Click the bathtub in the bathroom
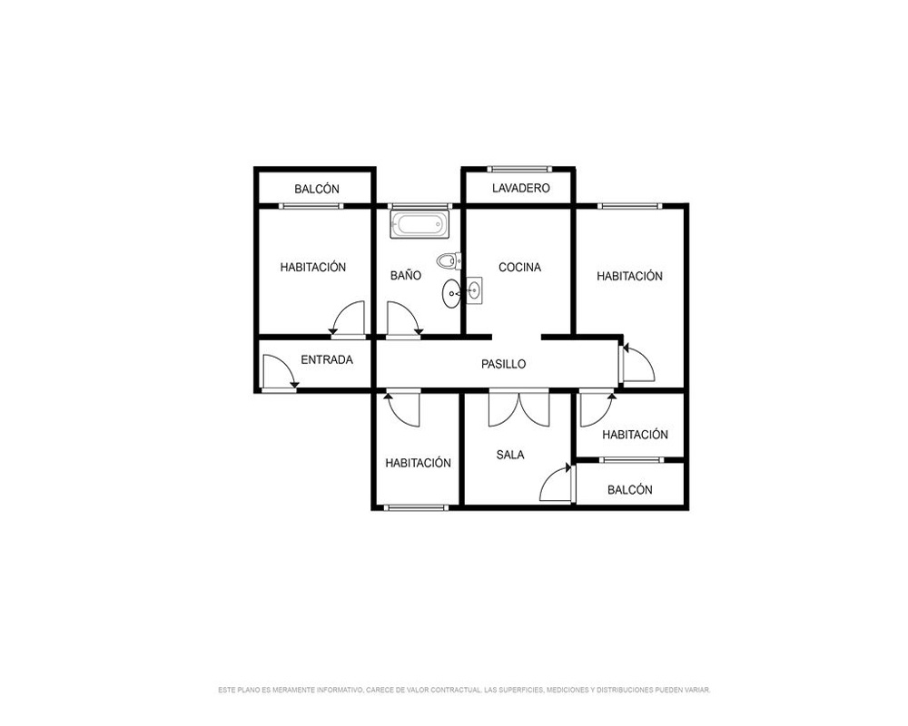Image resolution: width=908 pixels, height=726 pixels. pos(419,225)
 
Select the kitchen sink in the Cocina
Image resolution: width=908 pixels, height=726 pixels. pos(474,290)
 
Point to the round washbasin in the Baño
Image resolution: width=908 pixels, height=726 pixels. pos(451,293)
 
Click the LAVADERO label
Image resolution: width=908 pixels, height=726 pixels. pos(520,188)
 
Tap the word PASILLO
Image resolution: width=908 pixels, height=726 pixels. pos(503,364)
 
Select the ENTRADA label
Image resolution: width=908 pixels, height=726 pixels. pos(327,359)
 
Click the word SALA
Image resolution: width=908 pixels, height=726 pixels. pos(510,455)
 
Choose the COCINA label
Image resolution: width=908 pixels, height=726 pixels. pos(519,267)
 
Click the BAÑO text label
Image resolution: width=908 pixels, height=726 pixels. pos(405,275)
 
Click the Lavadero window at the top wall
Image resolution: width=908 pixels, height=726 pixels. pos(518,169)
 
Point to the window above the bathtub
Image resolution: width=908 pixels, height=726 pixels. pos(419,205)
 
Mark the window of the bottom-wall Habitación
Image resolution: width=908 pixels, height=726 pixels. pos(416,507)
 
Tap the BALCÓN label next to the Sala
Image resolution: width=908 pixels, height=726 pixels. pos(629,490)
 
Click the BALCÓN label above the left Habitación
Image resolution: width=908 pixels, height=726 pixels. pos(316,189)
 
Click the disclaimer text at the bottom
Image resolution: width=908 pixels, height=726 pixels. pos(464,690)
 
